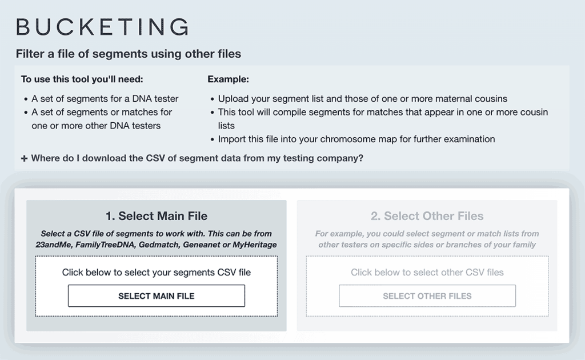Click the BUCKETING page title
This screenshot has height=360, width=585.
click(102, 27)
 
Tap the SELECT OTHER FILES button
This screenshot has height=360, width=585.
click(427, 296)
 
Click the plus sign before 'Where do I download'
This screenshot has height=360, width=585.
click(24, 159)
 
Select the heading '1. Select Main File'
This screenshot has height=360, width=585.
click(156, 216)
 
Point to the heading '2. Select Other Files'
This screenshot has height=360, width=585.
click(427, 216)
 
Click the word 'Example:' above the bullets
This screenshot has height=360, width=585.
click(228, 79)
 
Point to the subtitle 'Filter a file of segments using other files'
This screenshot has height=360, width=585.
click(129, 54)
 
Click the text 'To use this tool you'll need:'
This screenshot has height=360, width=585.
click(82, 79)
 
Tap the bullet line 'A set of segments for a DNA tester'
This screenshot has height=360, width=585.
click(105, 98)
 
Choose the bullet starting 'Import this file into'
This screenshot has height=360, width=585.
click(356, 139)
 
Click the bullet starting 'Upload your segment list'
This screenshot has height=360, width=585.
click(362, 98)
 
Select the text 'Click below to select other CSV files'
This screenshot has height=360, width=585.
click(427, 273)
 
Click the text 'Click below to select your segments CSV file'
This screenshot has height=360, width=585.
click(156, 273)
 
